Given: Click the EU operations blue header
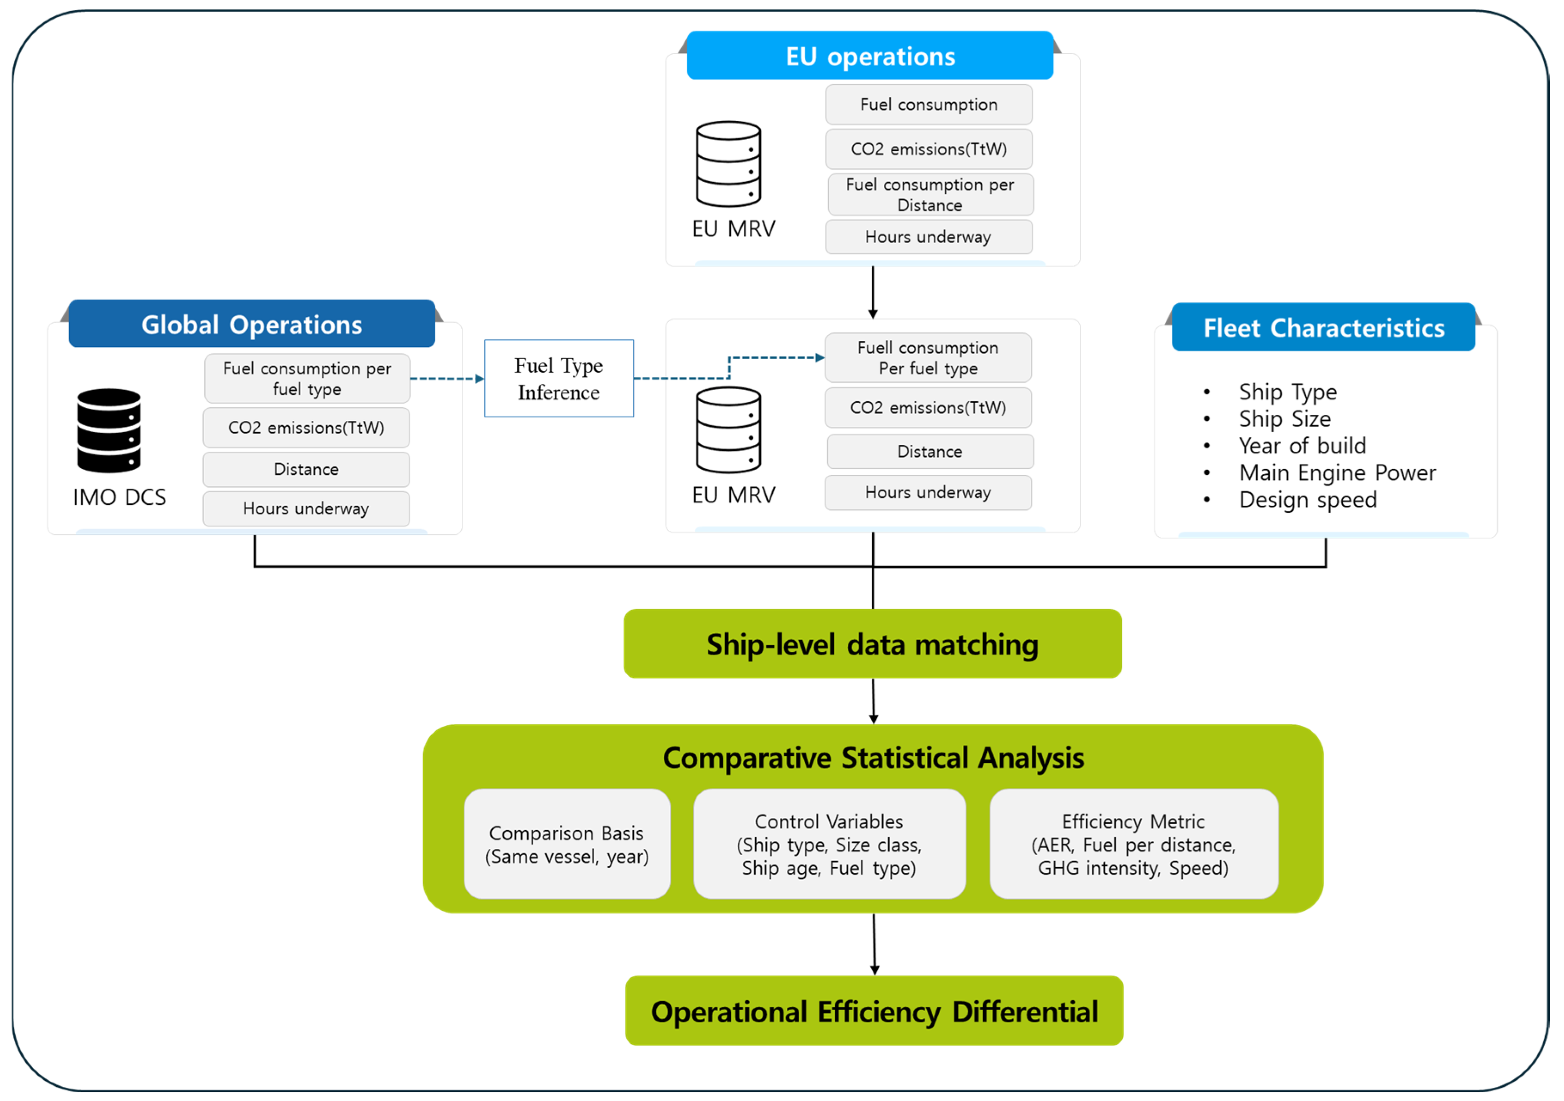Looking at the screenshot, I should click(870, 56).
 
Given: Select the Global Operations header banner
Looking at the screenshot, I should click(251, 324).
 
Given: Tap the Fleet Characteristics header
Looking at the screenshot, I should click(1323, 328).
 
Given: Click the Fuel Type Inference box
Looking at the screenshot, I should click(559, 379).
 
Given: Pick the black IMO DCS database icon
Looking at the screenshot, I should click(109, 431).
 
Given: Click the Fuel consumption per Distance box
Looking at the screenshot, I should click(930, 195).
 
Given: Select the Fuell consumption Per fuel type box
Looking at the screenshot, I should click(928, 358).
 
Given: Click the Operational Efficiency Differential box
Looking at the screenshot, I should click(874, 1011).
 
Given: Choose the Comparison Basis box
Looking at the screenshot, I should click(567, 844).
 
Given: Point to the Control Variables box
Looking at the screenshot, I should click(829, 844).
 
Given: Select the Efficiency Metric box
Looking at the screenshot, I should click(1133, 844).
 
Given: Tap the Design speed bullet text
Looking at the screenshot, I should click(1307, 499).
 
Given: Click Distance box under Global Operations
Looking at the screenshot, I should click(306, 469).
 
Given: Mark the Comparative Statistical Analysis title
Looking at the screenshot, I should click(873, 758).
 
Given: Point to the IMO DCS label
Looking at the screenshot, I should click(119, 497).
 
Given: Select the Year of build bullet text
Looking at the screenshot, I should click(1302, 446).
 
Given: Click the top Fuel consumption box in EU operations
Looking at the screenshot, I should click(929, 105).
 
